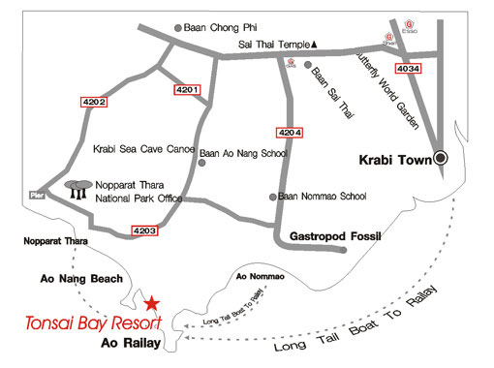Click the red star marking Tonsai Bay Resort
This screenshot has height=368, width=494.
coord(152,303)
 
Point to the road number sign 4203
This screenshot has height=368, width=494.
coord(143,230)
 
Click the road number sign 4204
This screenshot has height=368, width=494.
coord(289,132)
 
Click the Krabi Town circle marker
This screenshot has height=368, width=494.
coord(442,157)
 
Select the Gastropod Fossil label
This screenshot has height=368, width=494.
coord(336,236)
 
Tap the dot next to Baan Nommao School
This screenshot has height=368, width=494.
coord(273,197)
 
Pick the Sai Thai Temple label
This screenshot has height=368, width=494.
coord(274,45)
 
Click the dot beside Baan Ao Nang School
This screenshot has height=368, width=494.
coord(201,163)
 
